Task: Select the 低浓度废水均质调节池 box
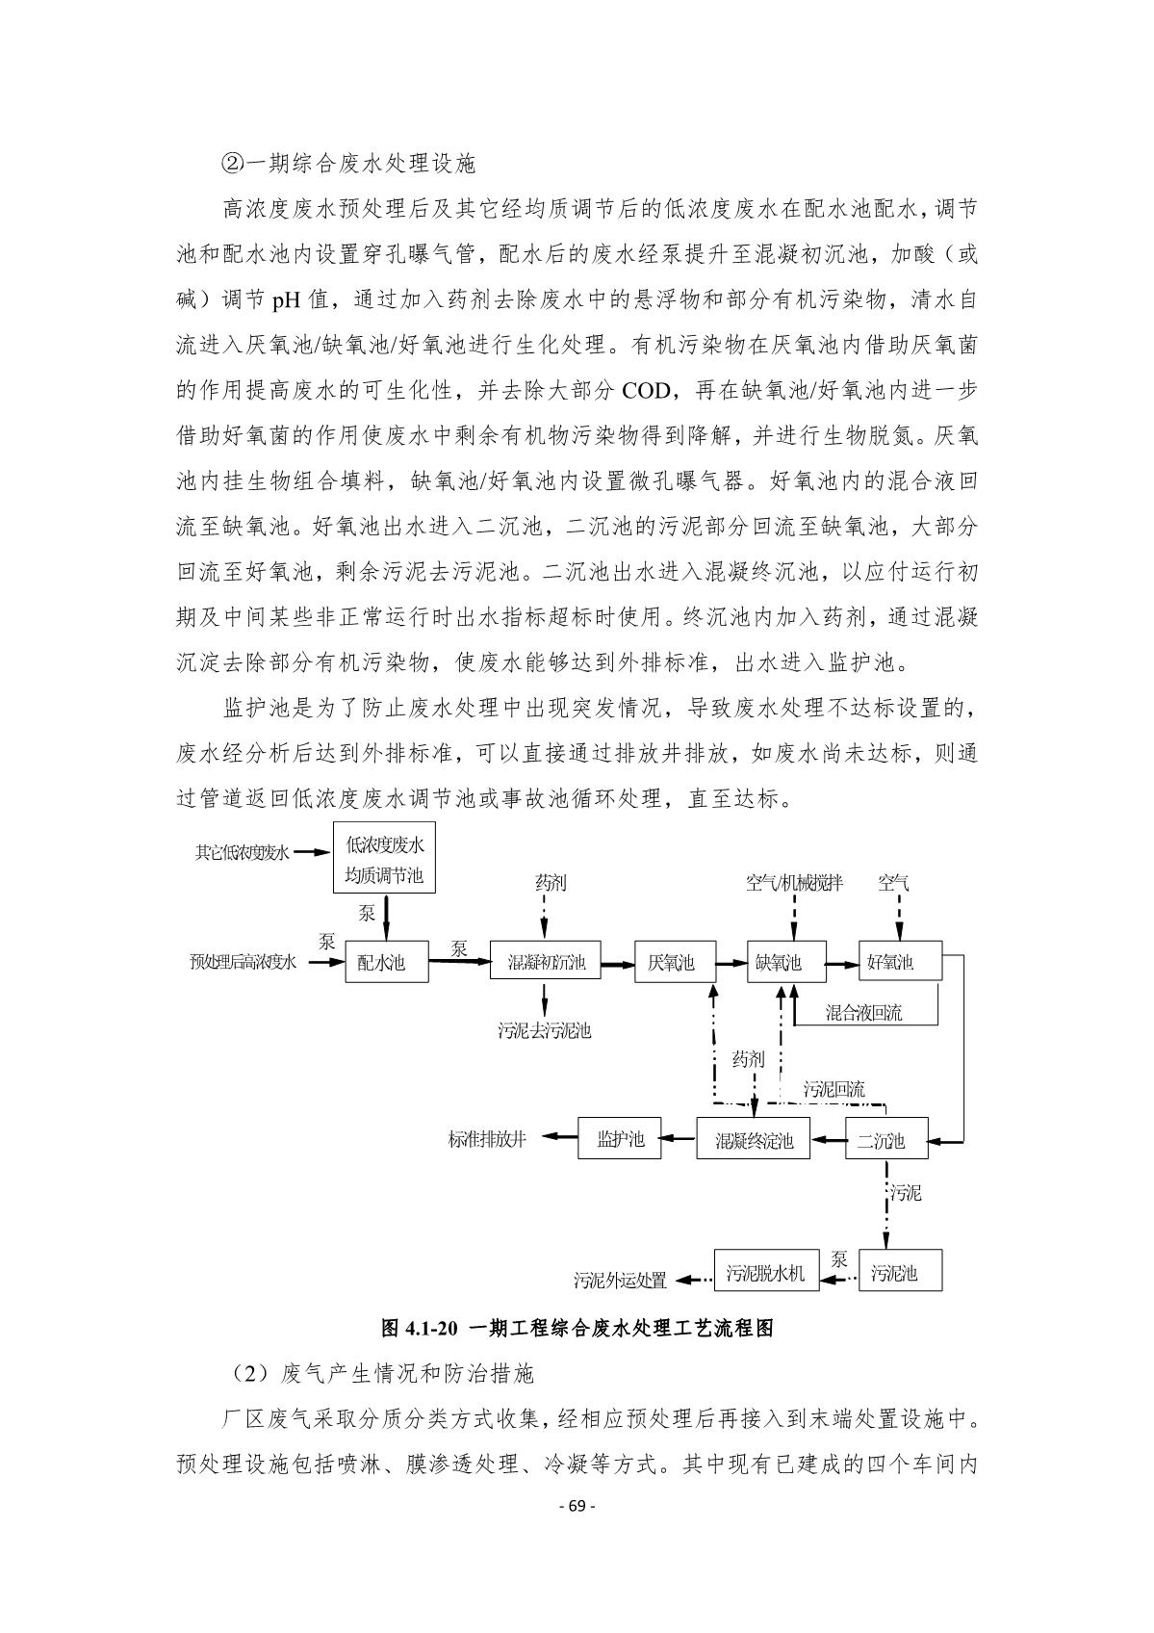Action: tap(384, 861)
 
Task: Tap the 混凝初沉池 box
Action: tap(546, 962)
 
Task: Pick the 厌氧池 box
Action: tap(675, 962)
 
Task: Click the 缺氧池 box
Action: tap(786, 962)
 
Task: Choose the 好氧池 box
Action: tap(901, 962)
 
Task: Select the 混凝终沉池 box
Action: tap(754, 1140)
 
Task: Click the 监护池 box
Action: tap(620, 1139)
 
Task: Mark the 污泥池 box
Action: tap(900, 1273)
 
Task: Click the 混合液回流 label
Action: tap(863, 1013)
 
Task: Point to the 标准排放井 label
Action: tap(487, 1139)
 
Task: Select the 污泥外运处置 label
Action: tap(620, 1280)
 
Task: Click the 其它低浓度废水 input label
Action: tap(242, 851)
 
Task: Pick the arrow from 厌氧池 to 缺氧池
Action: tap(731, 962)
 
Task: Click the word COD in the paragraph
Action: tap(654, 390)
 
